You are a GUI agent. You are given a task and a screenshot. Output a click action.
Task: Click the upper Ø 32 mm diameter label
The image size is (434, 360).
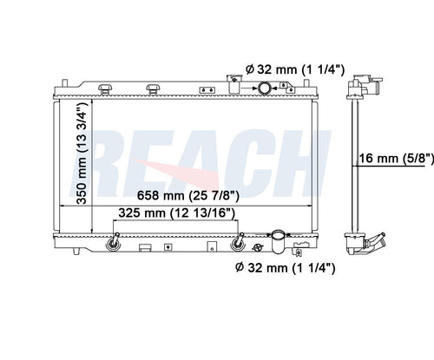tap(295, 69)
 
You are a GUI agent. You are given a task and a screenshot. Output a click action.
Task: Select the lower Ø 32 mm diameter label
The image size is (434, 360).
tap(286, 268)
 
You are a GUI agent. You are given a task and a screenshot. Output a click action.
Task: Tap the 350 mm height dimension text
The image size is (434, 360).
tap(82, 153)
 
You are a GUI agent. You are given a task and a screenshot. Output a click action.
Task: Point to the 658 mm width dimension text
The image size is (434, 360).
tap(188, 195)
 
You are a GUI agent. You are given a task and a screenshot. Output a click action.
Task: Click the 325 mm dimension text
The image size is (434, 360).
tap(176, 213)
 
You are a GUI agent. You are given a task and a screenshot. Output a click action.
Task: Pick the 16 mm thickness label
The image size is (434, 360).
tap(397, 159)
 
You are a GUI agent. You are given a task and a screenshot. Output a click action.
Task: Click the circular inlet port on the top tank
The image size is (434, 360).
tap(264, 88)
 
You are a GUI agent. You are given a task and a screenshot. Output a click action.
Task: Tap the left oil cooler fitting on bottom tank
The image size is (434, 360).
tap(113, 242)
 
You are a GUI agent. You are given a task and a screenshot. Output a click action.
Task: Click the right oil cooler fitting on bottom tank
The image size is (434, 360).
tap(238, 242)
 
